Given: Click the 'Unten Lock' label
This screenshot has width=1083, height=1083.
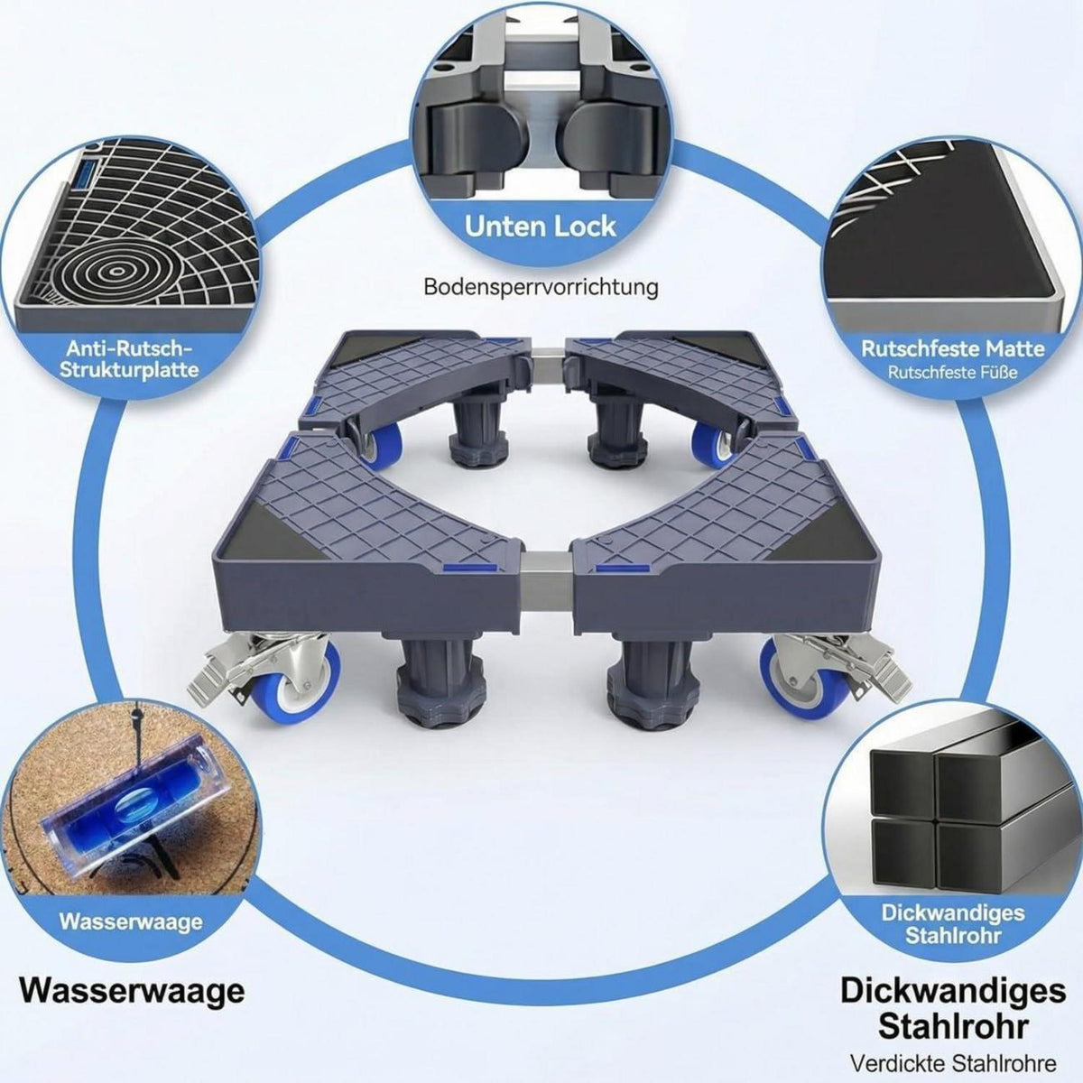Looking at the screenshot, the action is click(x=540, y=227).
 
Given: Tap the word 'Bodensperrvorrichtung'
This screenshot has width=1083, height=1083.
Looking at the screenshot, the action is click(x=540, y=287).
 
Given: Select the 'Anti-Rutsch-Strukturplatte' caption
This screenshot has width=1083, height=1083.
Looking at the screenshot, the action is click(x=129, y=359).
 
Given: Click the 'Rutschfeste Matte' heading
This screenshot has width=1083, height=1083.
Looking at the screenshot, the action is click(x=953, y=349).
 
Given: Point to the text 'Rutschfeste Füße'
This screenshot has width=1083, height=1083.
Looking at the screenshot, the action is click(x=953, y=373).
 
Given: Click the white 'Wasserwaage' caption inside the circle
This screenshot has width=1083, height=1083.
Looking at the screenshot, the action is click(x=131, y=921).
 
